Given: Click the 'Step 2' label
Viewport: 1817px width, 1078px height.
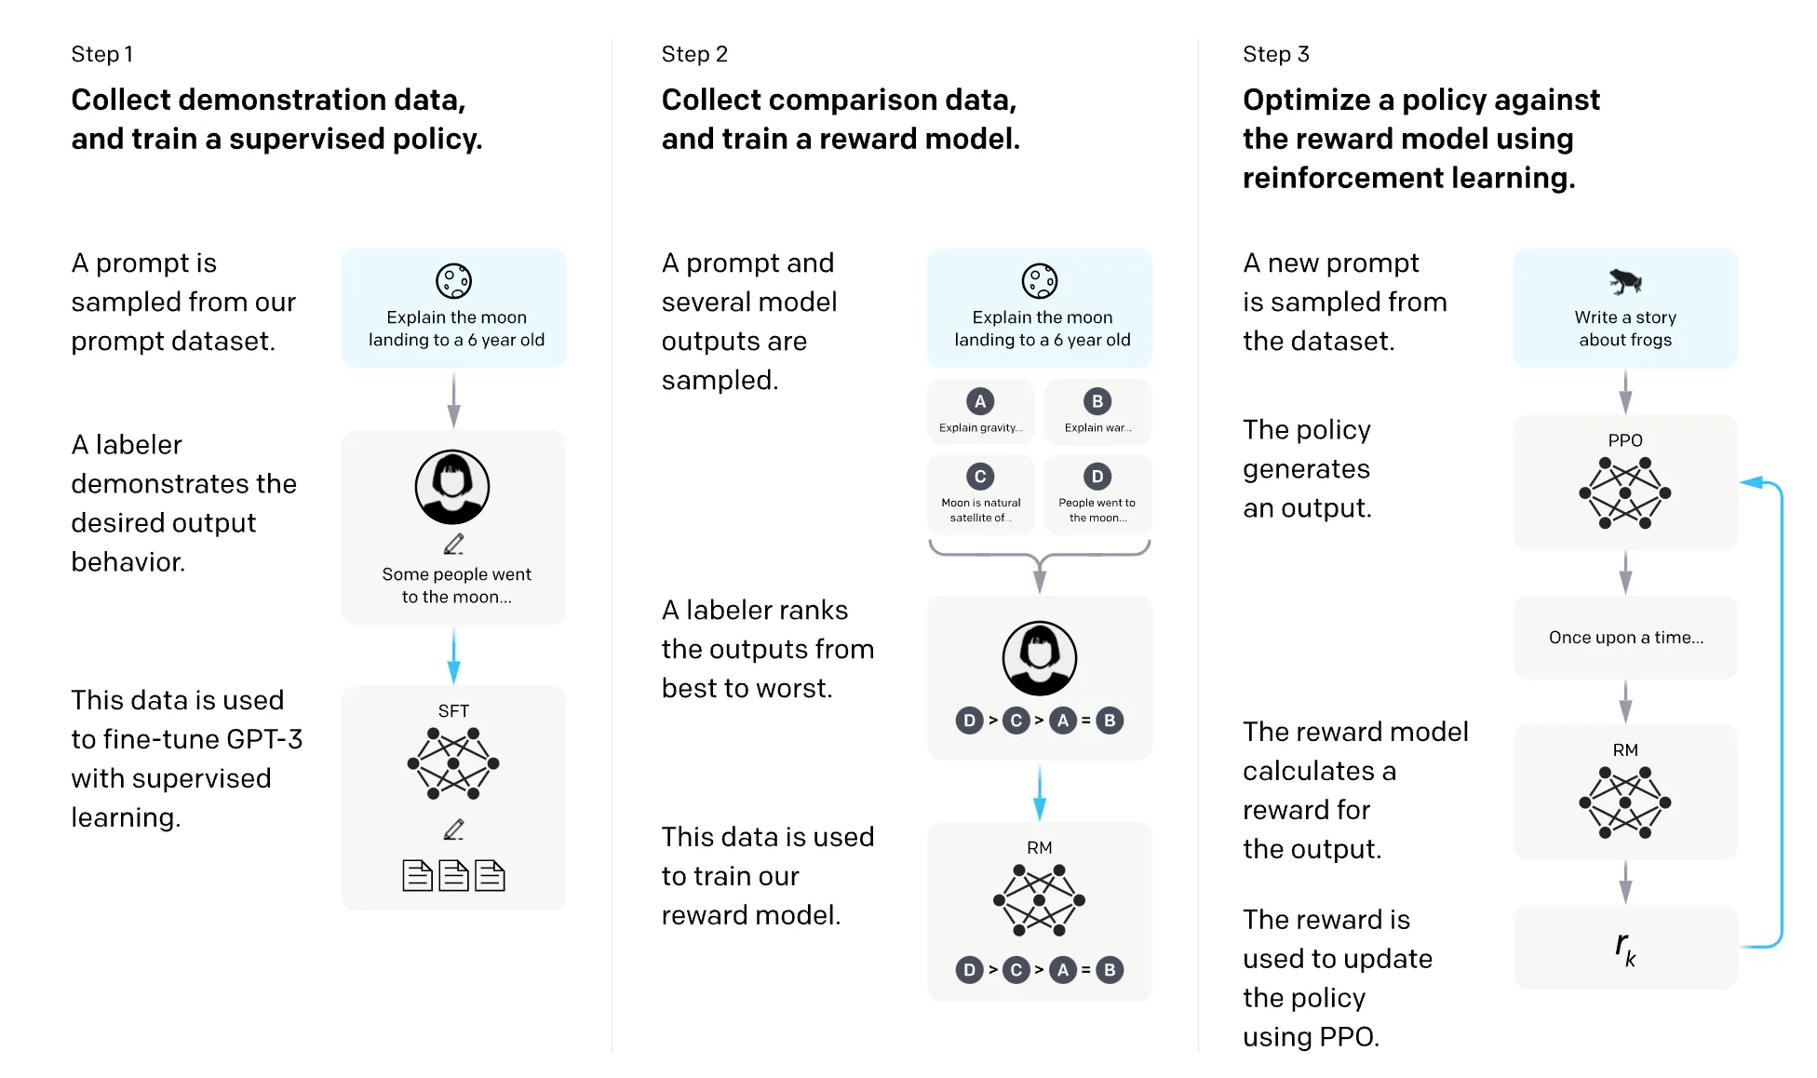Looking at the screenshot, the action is click(694, 54).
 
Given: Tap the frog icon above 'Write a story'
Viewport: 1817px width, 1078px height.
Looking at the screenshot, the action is click(1625, 280).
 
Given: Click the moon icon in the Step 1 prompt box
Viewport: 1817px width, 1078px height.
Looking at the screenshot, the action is click(454, 281).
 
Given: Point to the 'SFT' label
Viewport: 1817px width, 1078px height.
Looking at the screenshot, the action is click(453, 711).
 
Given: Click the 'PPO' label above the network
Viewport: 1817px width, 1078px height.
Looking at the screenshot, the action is click(1625, 440).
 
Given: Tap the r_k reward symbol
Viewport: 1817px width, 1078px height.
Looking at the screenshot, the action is click(1625, 949).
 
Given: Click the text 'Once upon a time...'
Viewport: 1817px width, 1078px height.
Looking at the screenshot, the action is click(1626, 638).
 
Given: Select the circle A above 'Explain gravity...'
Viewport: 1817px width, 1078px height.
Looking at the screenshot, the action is click(980, 401).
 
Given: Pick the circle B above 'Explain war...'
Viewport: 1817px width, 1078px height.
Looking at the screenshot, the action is click(1097, 401).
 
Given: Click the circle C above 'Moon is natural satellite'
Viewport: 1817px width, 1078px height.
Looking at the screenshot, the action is click(980, 477).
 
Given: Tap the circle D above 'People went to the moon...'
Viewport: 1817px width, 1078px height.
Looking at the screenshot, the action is click(1097, 477).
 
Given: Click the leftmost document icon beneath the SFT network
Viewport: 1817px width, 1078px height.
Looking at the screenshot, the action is click(417, 875).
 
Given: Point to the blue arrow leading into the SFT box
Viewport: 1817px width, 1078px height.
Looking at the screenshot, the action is click(453, 655).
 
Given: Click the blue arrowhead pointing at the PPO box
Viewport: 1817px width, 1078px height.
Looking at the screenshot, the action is click(1751, 482).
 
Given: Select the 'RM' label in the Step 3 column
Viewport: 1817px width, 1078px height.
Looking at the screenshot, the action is click(1625, 750).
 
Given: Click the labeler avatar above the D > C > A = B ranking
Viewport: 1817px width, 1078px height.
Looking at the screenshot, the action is click(1040, 658).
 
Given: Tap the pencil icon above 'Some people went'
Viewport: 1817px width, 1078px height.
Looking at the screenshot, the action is click(453, 544).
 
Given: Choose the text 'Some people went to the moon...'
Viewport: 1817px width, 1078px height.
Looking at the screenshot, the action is click(456, 586).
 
